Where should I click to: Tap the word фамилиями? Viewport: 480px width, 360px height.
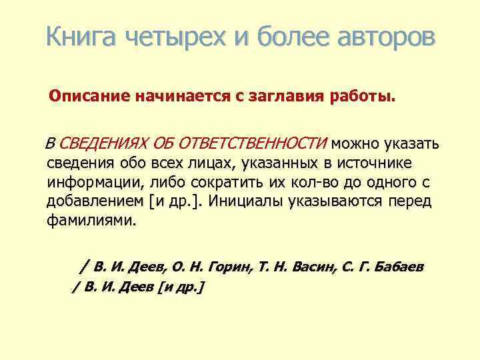point(91,220)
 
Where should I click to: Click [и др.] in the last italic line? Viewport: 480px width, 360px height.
point(179,287)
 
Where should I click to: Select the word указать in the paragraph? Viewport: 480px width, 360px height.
point(406,143)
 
